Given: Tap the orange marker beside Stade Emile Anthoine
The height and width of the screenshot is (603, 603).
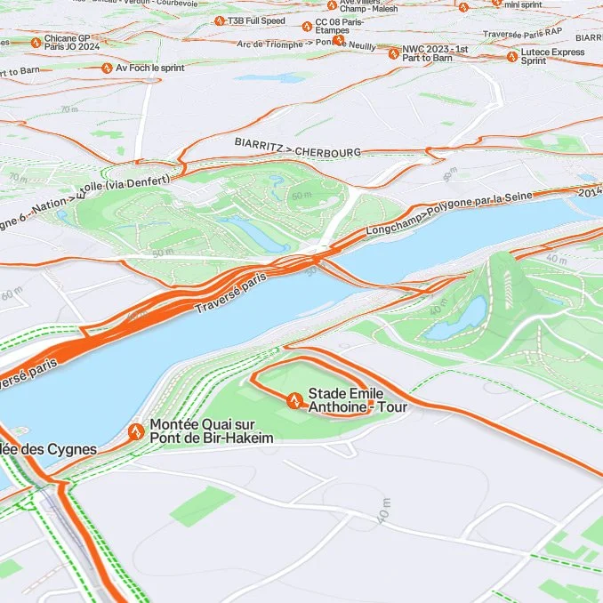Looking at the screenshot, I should (293, 400).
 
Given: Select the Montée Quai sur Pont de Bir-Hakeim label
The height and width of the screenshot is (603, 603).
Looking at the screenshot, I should (211, 431).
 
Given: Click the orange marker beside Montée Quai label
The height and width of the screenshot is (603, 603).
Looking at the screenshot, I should (136, 432).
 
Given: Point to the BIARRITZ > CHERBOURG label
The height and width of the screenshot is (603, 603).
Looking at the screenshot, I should (298, 147).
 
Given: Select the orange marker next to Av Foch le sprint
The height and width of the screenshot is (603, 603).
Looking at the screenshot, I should (107, 68).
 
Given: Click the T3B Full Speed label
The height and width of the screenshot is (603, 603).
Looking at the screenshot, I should (256, 20).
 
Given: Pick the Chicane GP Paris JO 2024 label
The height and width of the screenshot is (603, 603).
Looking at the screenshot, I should (72, 44).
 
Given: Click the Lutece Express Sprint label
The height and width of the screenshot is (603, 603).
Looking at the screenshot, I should (552, 57).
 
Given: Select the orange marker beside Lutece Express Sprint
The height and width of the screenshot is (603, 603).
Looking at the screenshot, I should (512, 57).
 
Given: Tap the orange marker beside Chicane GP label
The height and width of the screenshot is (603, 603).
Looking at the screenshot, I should (36, 42).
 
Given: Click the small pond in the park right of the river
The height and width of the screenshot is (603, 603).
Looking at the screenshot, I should (455, 320).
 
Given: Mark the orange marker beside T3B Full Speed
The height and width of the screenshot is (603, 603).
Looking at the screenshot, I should (219, 20).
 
